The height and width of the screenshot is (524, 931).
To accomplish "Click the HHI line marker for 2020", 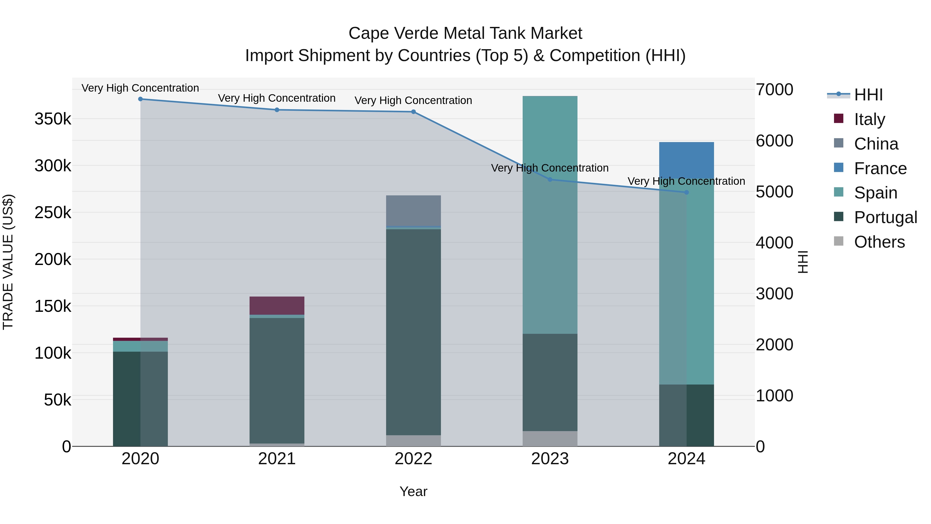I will [x=141, y=99].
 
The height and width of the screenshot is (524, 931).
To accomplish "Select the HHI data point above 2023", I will [x=550, y=179].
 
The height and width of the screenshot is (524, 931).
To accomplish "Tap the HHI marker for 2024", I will [x=686, y=192].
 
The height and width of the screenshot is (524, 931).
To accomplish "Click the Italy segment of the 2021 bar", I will [x=277, y=306].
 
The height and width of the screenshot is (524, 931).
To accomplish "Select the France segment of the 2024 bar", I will [x=686, y=159].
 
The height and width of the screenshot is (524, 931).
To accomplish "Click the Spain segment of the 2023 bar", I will [x=550, y=253].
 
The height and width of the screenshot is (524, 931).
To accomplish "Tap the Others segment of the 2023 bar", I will [x=550, y=438].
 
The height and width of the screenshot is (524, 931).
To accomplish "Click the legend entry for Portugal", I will [x=885, y=217].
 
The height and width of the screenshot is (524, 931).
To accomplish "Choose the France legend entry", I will [x=880, y=168].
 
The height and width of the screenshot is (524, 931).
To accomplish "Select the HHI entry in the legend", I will [x=868, y=95].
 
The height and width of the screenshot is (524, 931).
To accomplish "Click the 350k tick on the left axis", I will [x=53, y=119].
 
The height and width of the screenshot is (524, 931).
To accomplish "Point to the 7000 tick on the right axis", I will [x=775, y=90].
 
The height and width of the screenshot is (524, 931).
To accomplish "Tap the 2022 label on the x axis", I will [x=414, y=459].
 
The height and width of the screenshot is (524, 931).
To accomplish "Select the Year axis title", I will [x=414, y=491].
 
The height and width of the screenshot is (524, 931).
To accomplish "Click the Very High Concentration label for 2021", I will [x=277, y=98].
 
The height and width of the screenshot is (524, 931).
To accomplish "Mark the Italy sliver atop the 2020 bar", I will [x=141, y=339].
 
